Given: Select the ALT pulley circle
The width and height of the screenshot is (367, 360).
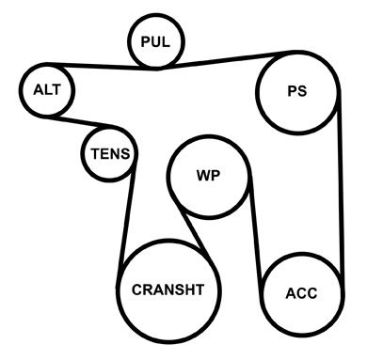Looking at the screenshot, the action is [x=21, y=90].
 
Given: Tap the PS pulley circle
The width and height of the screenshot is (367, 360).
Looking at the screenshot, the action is [x=258, y=92].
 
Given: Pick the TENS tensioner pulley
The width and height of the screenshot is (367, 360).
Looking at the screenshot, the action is [x=83, y=153].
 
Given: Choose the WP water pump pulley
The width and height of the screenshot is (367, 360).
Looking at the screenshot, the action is [x=168, y=177].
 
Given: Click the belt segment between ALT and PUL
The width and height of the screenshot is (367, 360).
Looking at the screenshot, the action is [x=102, y=66].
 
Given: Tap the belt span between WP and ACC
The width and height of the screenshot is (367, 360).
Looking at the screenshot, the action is [x=256, y=238].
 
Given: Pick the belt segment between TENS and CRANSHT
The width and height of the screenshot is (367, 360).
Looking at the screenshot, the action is [x=127, y=216].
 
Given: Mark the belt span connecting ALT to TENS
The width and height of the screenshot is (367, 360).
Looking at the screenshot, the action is [x=82, y=122].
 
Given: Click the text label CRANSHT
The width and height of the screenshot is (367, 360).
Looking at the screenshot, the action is [x=168, y=290].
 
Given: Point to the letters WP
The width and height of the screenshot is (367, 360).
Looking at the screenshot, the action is [x=208, y=176].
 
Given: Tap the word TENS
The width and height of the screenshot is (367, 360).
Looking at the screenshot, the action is [x=110, y=154].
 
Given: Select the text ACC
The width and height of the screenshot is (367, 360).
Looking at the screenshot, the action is [x=301, y=293].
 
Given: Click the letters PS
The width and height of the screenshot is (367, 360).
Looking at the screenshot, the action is [x=297, y=91].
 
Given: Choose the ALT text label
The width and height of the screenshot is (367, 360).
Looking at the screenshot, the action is [x=47, y=90].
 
